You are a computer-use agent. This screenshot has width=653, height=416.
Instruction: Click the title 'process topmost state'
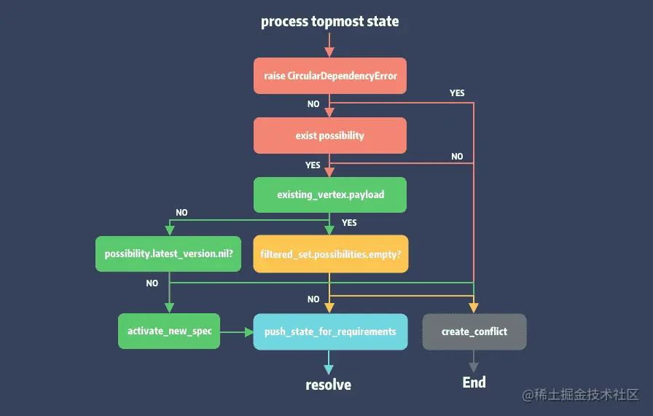[x=329, y=21]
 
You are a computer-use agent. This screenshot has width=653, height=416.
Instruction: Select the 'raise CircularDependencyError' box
[x=329, y=76]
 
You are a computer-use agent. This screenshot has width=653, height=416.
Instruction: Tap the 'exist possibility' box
[x=329, y=136]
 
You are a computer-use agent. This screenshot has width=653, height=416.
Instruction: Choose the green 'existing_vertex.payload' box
[x=329, y=195]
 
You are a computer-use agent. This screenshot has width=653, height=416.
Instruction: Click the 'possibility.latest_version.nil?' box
[x=168, y=254]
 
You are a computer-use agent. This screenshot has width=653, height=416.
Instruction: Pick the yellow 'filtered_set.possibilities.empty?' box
[x=329, y=254]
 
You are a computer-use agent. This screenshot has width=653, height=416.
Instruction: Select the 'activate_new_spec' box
[x=169, y=331]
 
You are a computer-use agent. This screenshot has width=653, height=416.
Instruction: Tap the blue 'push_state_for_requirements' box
[x=329, y=331]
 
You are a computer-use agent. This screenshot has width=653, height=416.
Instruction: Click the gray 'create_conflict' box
[x=474, y=331]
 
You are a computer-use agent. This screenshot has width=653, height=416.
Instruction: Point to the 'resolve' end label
[x=328, y=385]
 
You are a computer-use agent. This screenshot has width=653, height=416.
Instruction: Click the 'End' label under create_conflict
[x=474, y=382]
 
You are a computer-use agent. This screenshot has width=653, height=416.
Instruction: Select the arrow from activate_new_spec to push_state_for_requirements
[x=236, y=331]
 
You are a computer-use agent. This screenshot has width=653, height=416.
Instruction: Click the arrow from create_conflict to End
[x=474, y=360]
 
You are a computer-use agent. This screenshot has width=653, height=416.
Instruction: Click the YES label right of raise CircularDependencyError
[x=457, y=93]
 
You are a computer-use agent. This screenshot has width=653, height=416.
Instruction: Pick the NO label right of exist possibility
[x=457, y=157]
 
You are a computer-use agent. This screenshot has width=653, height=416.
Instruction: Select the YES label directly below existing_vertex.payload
[x=349, y=222]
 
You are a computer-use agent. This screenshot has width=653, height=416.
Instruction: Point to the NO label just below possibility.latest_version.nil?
[x=152, y=283]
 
